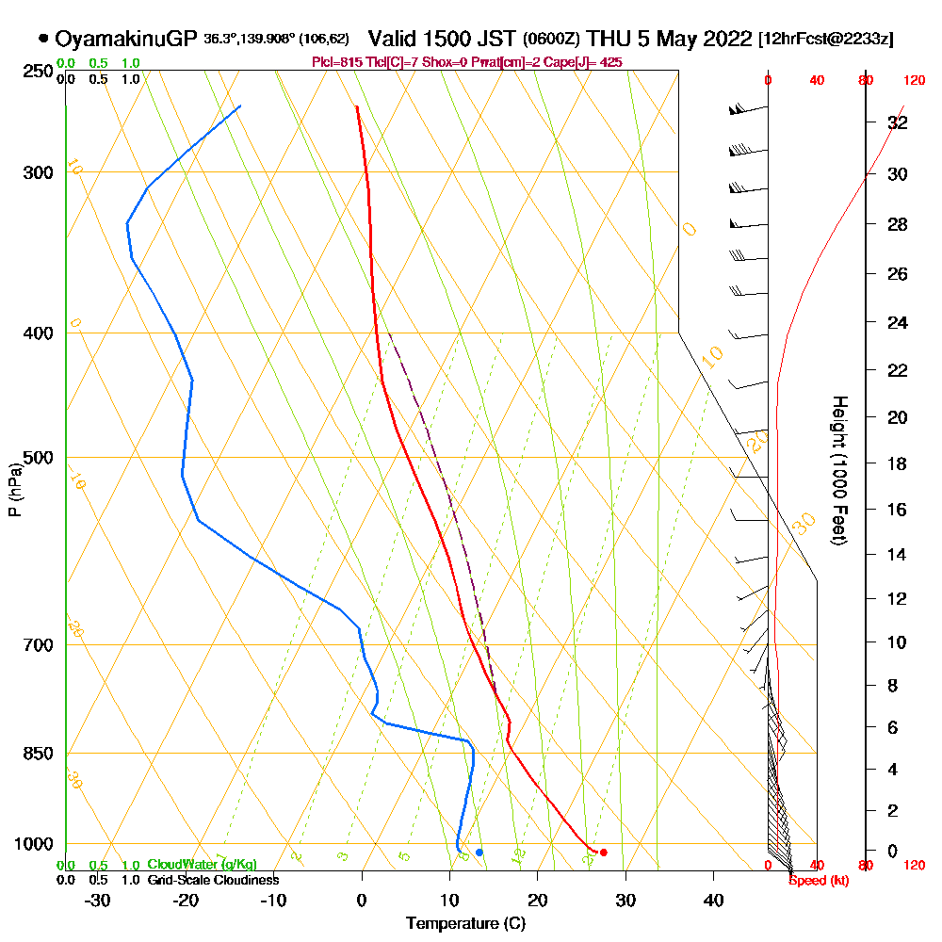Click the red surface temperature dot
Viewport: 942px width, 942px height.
click(603, 853)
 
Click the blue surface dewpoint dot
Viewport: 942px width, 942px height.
click(479, 853)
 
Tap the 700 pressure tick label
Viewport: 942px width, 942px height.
click(40, 645)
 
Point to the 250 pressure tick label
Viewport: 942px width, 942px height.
click(40, 72)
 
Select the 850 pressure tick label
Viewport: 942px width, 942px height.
click(40, 754)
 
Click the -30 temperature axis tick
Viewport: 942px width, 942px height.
click(97, 901)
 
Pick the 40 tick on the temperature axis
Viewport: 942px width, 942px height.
click(713, 901)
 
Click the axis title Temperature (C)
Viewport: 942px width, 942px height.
click(465, 924)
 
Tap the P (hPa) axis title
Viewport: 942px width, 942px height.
click(14, 489)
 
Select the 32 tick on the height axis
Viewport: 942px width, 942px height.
click(897, 122)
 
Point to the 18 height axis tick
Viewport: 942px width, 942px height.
click(897, 463)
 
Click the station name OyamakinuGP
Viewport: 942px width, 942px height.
click(126, 40)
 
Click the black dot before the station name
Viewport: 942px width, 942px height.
click(43, 40)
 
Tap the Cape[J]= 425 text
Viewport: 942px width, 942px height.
click(590, 62)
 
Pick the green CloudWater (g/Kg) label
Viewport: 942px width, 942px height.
click(202, 865)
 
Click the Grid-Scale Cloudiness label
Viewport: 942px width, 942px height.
click(213, 880)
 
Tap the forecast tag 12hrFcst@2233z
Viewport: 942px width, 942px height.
click(826, 40)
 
